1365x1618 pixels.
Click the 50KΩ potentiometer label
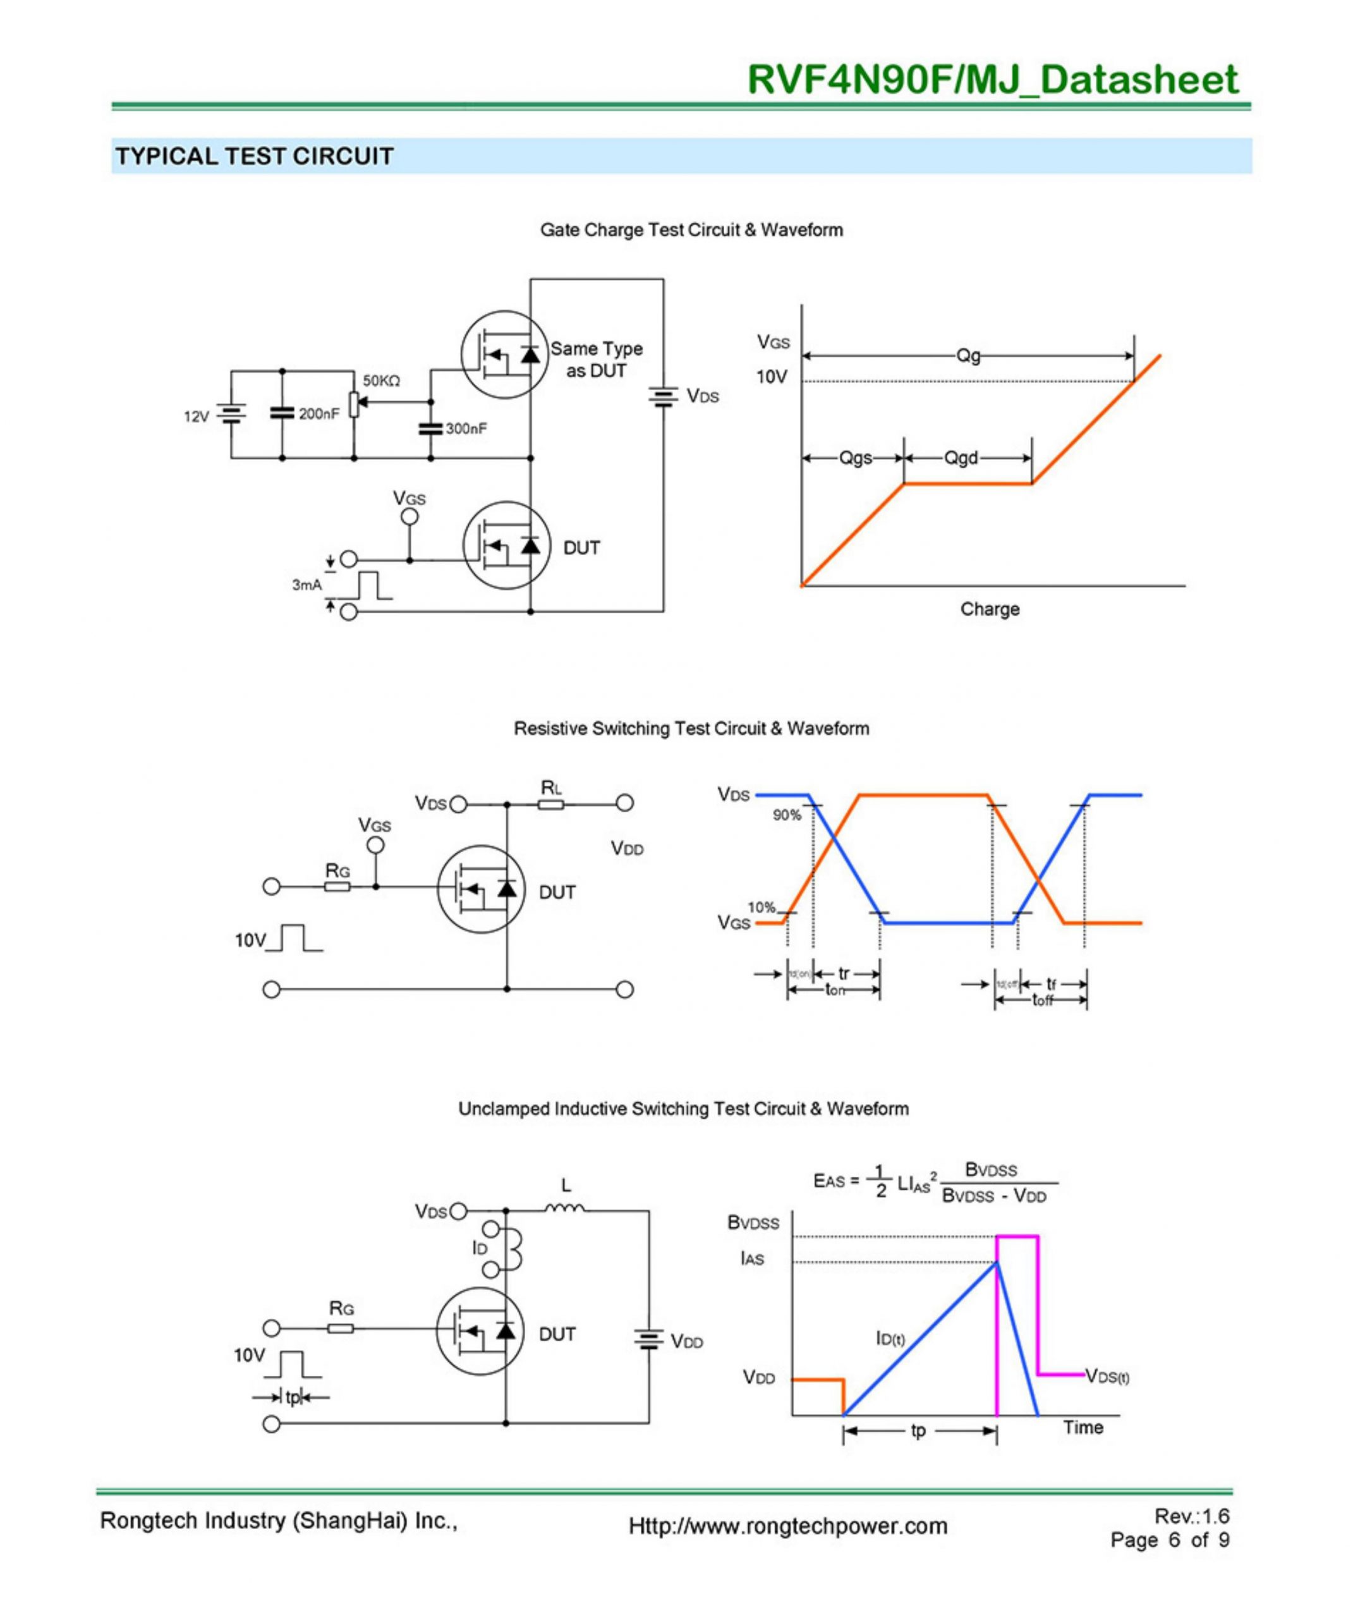[x=382, y=380]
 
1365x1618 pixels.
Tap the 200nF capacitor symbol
[x=282, y=413]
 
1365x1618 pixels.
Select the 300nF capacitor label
[x=466, y=429]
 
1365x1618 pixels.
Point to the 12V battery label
[x=196, y=417]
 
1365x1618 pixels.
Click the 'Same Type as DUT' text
[x=596, y=360]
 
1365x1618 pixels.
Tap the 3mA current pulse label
[x=306, y=585]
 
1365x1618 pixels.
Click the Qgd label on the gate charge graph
[x=961, y=458]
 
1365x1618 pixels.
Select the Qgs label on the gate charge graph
[x=855, y=458]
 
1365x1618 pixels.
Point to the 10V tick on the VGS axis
[x=772, y=377]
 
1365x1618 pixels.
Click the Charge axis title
[x=990, y=609]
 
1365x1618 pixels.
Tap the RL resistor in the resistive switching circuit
[x=551, y=805]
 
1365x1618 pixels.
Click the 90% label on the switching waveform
[x=787, y=815]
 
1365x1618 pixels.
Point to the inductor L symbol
[x=565, y=1208]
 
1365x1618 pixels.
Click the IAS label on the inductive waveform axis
[x=752, y=1259]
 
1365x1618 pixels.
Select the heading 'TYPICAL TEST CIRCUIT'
[x=255, y=156]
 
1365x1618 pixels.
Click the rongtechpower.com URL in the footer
[x=788, y=1526]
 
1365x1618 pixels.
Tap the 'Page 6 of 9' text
[x=1169, y=1540]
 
